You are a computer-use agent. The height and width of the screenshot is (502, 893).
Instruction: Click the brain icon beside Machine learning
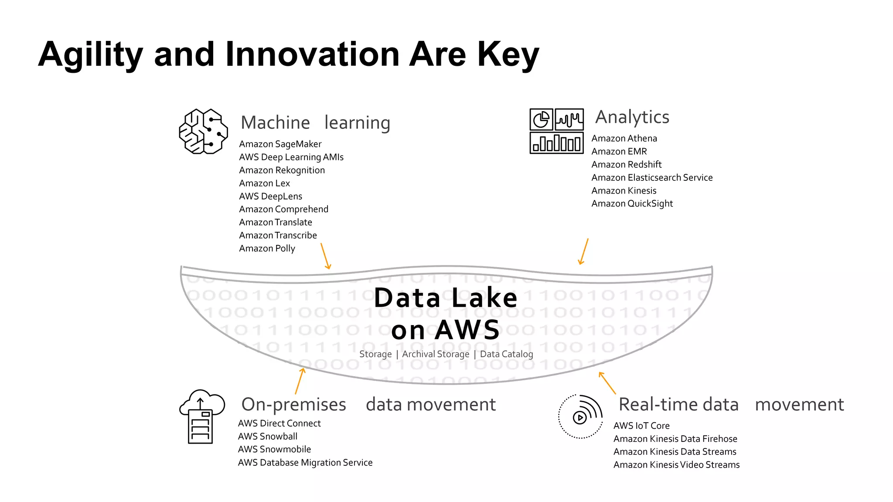click(x=203, y=131)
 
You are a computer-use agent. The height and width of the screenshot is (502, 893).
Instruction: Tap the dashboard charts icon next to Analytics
click(x=556, y=131)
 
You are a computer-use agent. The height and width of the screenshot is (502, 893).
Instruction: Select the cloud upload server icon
click(x=201, y=417)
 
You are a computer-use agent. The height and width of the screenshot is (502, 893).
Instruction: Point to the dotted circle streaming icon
click(x=580, y=417)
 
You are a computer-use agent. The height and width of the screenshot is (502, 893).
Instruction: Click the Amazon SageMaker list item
click(x=280, y=144)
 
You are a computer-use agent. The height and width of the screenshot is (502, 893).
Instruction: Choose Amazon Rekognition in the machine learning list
click(x=282, y=170)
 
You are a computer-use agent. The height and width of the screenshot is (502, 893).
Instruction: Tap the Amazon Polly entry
click(x=267, y=248)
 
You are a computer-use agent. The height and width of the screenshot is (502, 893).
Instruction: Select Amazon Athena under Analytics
click(x=624, y=139)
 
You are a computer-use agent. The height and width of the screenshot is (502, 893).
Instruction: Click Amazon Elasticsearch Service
click(x=652, y=178)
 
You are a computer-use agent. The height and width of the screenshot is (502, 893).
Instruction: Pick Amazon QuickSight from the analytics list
click(x=632, y=204)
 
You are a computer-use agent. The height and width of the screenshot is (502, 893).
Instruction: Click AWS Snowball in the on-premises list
click(x=267, y=436)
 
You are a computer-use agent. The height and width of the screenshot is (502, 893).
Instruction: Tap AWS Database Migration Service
click(x=305, y=462)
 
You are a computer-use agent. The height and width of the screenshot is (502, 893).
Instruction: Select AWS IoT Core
click(x=641, y=426)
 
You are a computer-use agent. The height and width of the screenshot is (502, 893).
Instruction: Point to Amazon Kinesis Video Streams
click(x=676, y=465)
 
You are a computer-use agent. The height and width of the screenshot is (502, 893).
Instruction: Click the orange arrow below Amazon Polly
click(x=326, y=256)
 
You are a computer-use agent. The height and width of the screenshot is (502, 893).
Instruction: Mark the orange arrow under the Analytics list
click(x=583, y=251)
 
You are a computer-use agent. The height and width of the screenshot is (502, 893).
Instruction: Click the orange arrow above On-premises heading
click(x=300, y=381)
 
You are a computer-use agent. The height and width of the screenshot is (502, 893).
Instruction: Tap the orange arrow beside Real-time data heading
click(x=607, y=383)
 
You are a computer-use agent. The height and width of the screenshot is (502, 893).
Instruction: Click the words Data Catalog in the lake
click(x=506, y=354)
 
